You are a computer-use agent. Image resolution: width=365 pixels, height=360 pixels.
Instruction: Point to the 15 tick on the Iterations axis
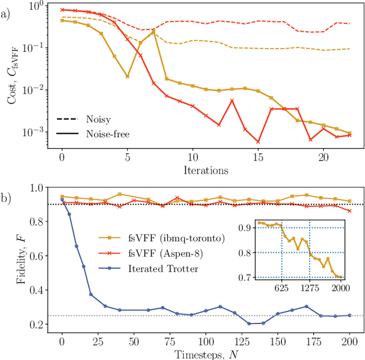pos(258,157)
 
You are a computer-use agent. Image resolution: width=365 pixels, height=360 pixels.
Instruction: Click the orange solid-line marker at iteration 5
pos(128,76)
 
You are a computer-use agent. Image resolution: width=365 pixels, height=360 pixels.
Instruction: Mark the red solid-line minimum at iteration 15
pos(258,141)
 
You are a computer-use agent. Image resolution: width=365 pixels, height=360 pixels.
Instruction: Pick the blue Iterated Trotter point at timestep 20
pos(91,294)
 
